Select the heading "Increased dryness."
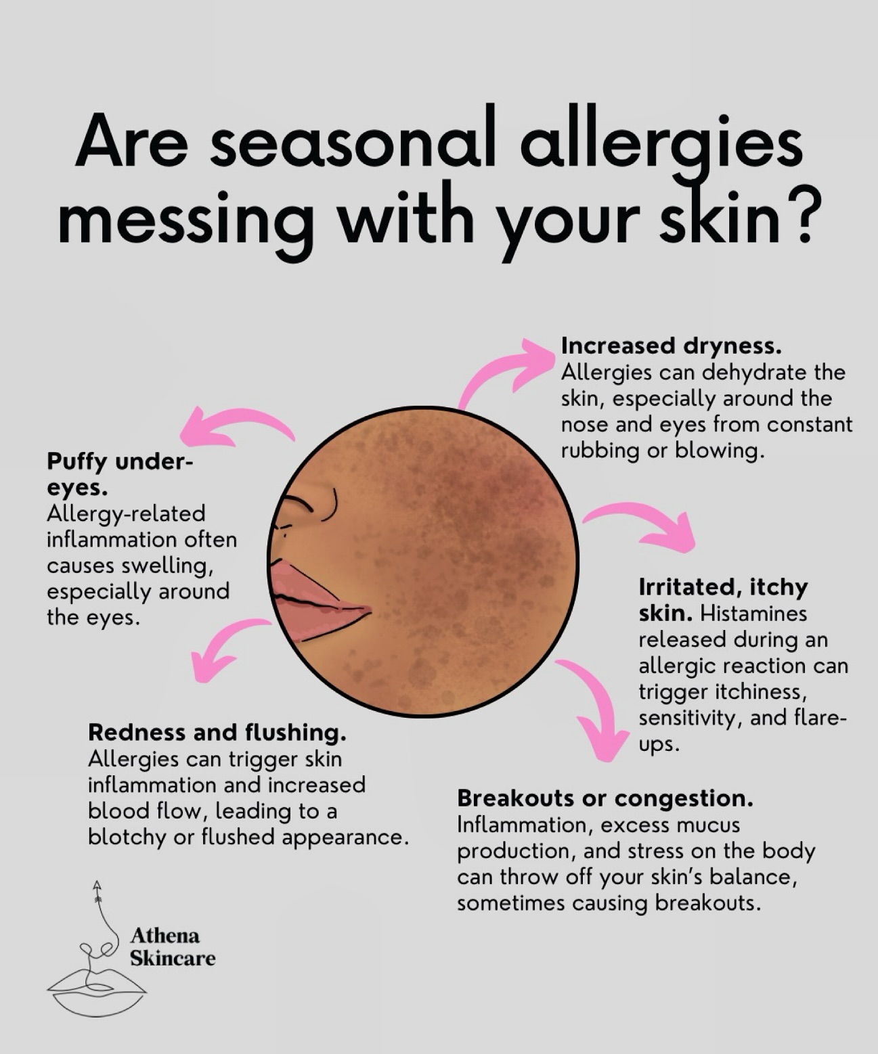tap(671, 346)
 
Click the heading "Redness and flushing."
tap(217, 732)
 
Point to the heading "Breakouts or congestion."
tap(605, 798)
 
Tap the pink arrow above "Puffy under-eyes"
tap(234, 426)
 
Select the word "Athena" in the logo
tap(164, 936)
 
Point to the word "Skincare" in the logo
tap(173, 959)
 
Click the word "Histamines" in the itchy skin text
tap(753, 614)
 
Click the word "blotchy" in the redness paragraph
tap(128, 838)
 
